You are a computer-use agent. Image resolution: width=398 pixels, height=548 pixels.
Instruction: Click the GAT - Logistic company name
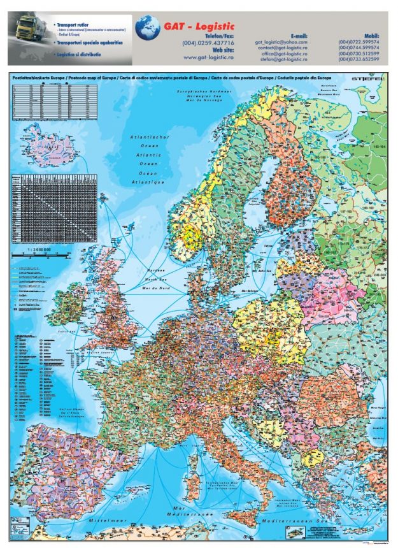(199, 26)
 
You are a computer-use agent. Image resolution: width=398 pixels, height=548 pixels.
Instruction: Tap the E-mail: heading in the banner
(299, 36)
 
